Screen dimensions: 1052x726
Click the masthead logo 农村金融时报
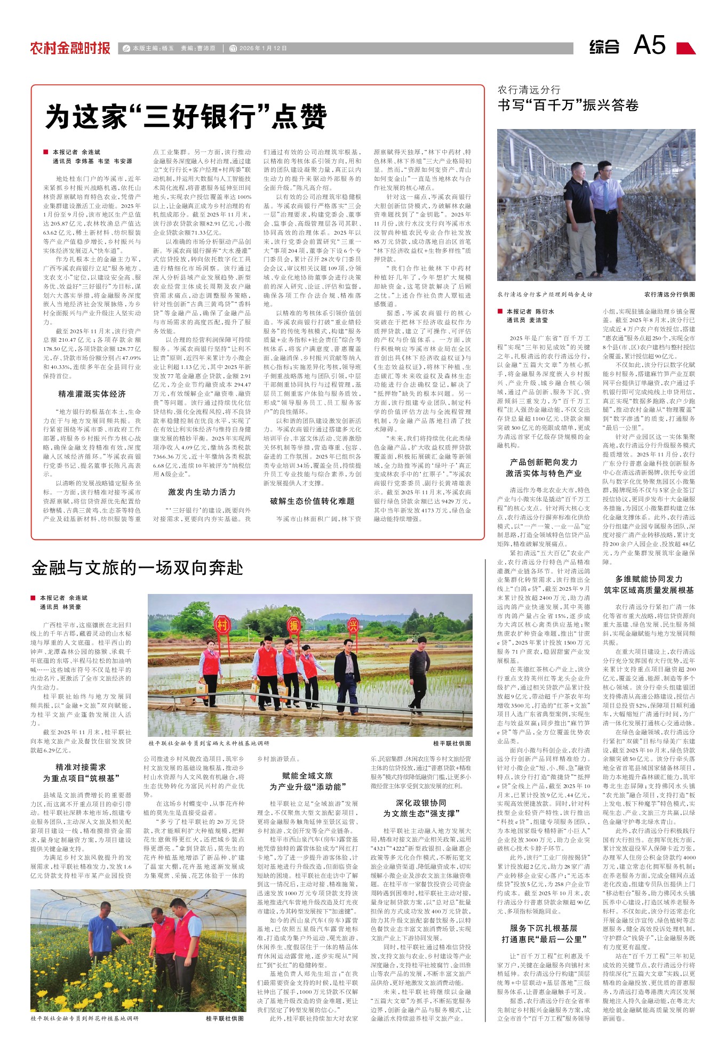pyautogui.click(x=70, y=48)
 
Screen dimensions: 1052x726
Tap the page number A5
pyautogui.click(x=649, y=45)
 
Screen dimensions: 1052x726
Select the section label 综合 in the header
pyautogui.click(x=604, y=47)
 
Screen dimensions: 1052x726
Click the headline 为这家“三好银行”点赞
pyautogui.click(x=186, y=117)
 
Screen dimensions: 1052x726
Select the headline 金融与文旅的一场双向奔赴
pyautogui.click(x=137, y=568)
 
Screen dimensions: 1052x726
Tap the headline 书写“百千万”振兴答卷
pyautogui.click(x=568, y=105)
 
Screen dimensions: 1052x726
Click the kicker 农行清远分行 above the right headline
pyautogui.click(x=529, y=90)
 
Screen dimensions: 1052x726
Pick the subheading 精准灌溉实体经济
pyautogui.click(x=92, y=394)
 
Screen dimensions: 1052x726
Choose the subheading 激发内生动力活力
pyautogui.click(x=202, y=492)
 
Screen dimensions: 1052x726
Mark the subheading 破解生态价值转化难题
pyautogui.click(x=312, y=501)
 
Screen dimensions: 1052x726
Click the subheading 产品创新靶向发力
pyautogui.click(x=544, y=462)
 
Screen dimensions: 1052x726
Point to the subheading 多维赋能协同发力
pyautogui.click(x=649, y=579)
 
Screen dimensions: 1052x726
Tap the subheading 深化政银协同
pyautogui.click(x=420, y=802)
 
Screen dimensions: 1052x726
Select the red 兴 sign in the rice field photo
pyautogui.click(x=353, y=624)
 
